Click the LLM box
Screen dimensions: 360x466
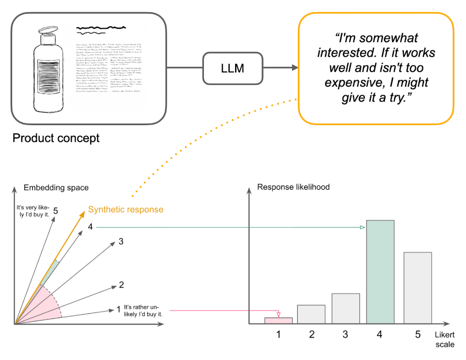coord(232,68)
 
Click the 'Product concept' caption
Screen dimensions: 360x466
coord(56,139)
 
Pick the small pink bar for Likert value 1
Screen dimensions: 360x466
coord(278,320)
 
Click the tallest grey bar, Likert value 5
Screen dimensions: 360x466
coord(417,288)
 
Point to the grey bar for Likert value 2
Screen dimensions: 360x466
coord(311,314)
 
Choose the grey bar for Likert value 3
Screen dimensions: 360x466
coord(346,308)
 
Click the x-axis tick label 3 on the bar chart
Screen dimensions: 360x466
coord(346,334)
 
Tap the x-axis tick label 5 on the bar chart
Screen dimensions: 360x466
coord(418,334)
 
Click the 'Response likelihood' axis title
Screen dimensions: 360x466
coord(293,187)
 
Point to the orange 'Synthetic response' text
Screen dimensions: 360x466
coord(126,209)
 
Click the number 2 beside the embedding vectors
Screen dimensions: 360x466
coord(121,285)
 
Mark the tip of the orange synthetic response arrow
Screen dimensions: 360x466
coord(85,212)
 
